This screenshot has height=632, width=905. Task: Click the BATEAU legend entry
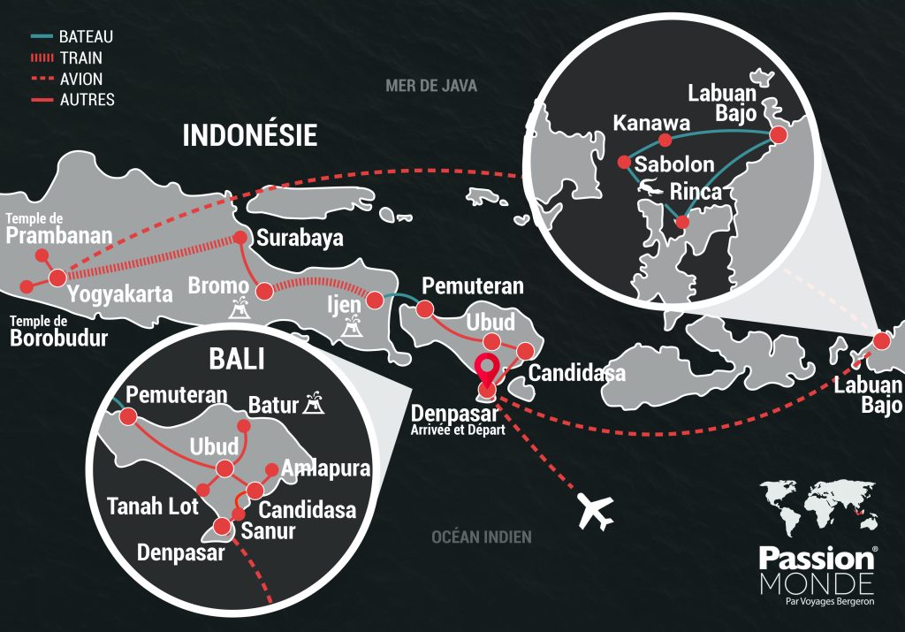coord(86,37)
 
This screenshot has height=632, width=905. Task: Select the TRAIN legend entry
coord(81,58)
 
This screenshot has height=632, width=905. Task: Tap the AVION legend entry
coord(82,79)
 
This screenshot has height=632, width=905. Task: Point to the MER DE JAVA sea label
coord(430,86)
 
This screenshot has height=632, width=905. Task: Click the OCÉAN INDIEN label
coord(481,537)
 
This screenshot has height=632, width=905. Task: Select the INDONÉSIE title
coord(249,134)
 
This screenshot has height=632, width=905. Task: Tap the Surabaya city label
coord(299,239)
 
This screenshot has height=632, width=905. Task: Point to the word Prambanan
coord(59,236)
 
